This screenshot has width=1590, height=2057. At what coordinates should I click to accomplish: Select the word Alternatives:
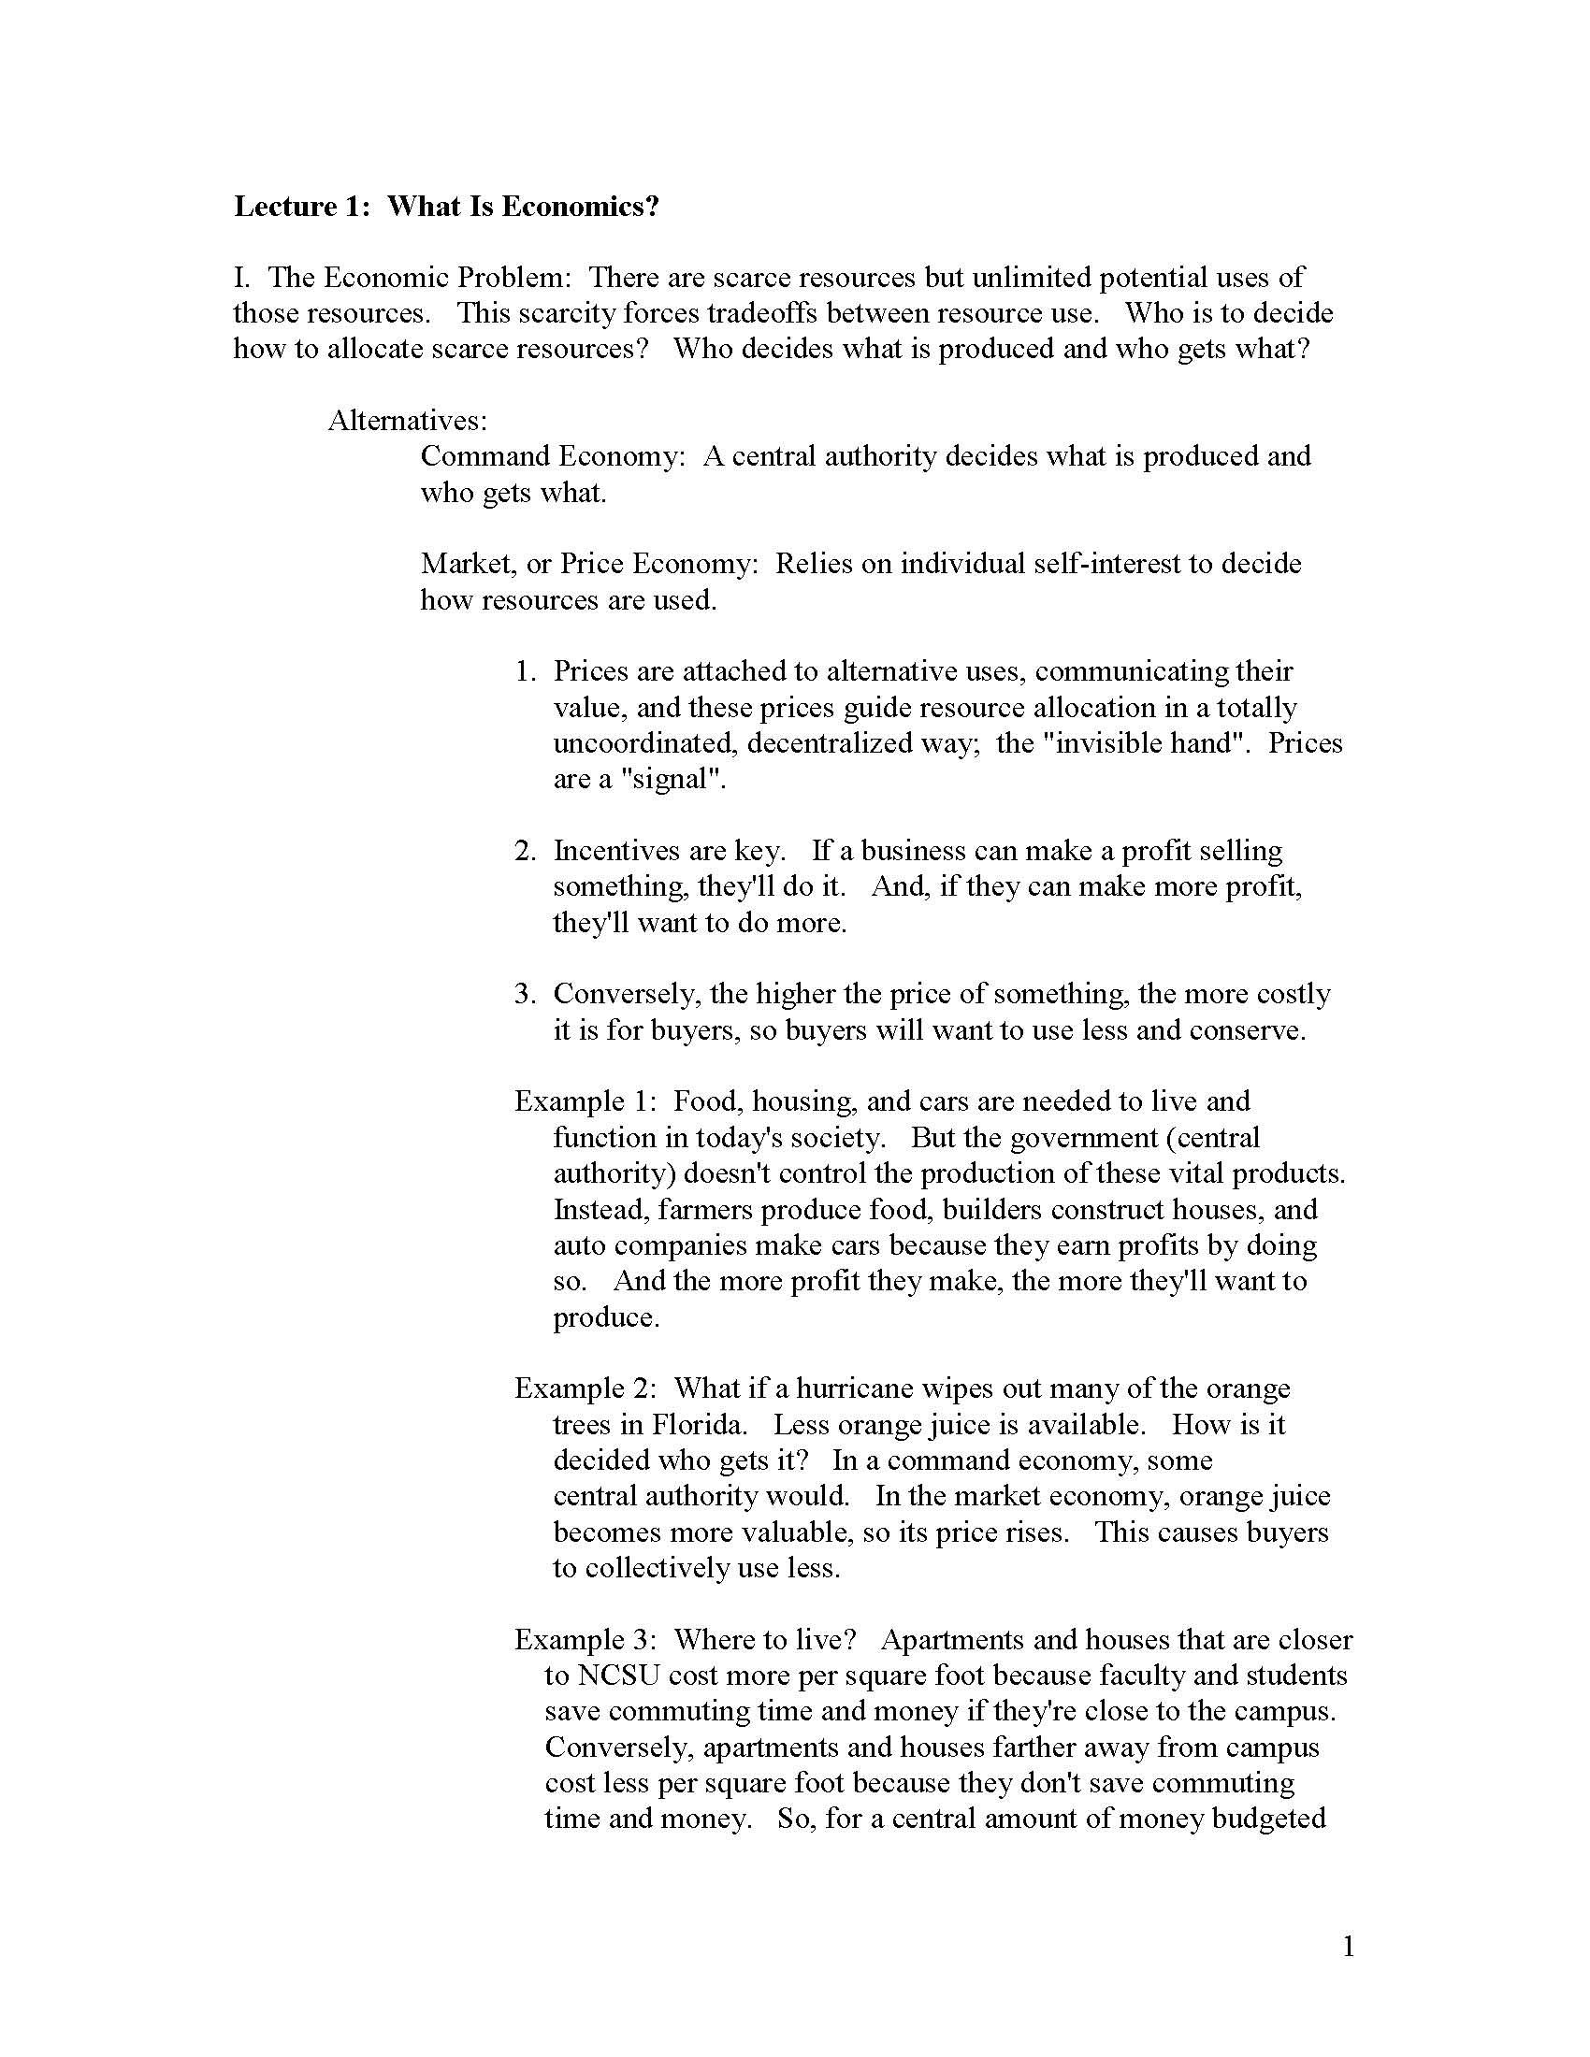pos(407,420)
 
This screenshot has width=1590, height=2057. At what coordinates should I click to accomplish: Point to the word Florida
pos(692,1424)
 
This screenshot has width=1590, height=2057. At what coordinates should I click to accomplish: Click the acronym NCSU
pos(619,1676)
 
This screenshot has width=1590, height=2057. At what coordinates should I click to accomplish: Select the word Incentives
pos(617,851)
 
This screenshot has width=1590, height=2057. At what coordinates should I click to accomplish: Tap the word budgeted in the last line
pos(1269,1819)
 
